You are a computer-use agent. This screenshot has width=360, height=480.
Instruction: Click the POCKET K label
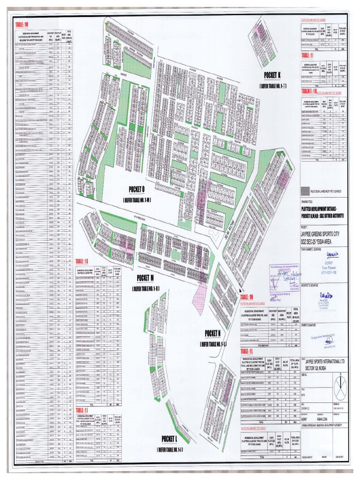271,75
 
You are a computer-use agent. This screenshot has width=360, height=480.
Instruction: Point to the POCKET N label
212,333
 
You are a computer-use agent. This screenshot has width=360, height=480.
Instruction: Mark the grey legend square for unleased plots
306,191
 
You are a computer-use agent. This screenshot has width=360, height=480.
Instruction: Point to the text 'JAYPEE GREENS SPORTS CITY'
323,233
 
